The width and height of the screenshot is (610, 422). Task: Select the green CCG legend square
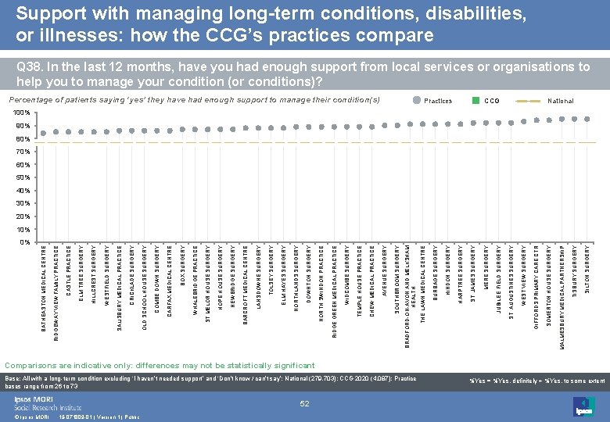[x=475, y=101]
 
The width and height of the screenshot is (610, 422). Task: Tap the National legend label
[x=561, y=101]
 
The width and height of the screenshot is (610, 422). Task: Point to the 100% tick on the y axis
[x=23, y=113]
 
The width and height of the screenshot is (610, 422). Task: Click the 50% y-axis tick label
[x=23, y=178]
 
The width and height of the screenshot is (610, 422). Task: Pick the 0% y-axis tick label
[x=24, y=242]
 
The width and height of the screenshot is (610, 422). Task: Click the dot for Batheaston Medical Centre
[x=44, y=133]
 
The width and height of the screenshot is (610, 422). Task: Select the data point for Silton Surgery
[x=587, y=119]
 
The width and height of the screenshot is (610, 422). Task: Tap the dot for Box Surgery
[x=183, y=129]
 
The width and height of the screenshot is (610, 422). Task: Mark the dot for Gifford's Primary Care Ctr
[x=536, y=120]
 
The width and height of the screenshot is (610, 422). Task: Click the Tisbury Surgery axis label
[x=575, y=269]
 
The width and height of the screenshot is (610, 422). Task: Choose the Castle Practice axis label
[x=69, y=270]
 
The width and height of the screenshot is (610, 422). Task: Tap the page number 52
[x=305, y=403]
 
